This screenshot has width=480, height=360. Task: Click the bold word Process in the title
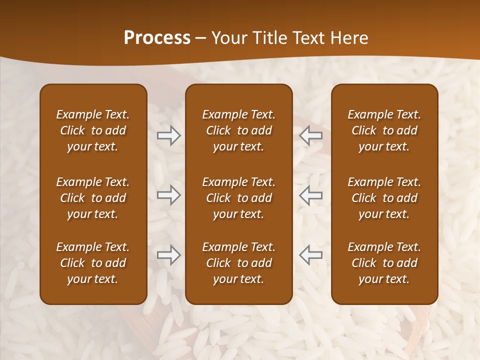(157, 38)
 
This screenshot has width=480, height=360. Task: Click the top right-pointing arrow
(168, 135)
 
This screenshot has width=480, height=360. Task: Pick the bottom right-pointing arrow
(168, 255)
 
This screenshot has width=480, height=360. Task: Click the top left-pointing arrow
(310, 135)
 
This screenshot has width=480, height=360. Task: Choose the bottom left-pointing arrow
(310, 255)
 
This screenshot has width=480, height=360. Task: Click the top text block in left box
(93, 130)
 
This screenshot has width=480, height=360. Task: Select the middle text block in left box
(93, 198)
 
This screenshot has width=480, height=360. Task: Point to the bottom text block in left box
(93, 263)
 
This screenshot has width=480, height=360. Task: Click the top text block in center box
(238, 130)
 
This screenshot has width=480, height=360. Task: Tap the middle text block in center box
(238, 198)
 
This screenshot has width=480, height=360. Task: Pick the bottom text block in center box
(238, 263)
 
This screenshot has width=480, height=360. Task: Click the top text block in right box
(384, 130)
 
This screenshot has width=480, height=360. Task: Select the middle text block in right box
(384, 198)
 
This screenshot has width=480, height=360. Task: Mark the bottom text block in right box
(384, 263)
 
